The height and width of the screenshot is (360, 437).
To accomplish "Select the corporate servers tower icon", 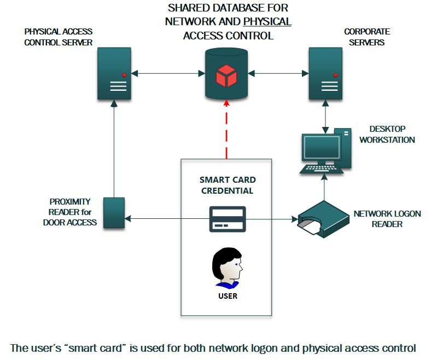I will click(327, 73).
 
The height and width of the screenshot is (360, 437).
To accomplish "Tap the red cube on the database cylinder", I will click(226, 76).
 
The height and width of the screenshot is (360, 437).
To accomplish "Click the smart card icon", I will click(226, 219).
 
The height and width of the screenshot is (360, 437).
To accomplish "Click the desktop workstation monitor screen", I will click(322, 148).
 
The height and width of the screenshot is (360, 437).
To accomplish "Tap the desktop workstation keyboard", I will click(322, 169).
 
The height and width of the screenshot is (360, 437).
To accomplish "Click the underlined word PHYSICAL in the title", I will click(267, 22).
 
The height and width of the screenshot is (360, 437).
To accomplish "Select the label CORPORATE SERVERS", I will click(366, 37).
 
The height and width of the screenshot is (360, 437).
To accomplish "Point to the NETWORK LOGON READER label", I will click(387, 218).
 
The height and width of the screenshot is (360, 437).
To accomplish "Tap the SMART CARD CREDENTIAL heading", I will click(227, 185).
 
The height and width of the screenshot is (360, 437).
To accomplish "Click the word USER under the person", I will click(227, 296).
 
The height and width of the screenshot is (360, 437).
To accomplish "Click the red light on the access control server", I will click(124, 75).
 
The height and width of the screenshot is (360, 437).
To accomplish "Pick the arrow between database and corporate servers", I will click(278, 73).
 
